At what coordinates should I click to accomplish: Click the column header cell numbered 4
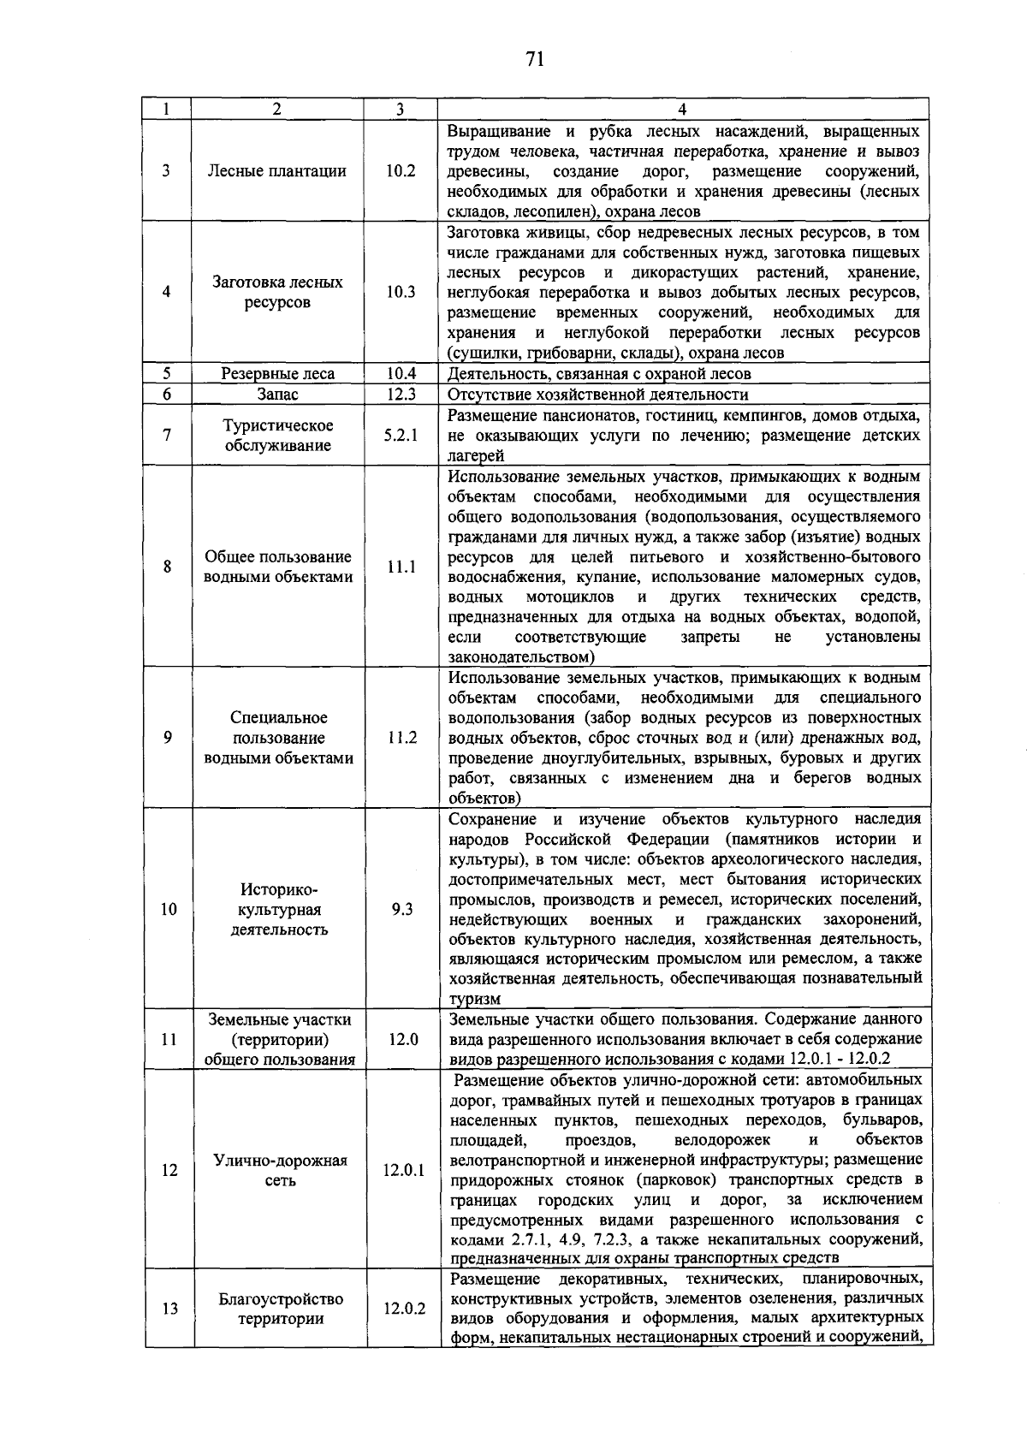tap(682, 110)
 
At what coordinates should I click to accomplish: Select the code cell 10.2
tap(400, 170)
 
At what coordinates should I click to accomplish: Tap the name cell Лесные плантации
tap(277, 170)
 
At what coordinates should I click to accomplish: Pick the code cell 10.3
tap(400, 292)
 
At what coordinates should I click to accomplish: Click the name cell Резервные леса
tap(277, 374)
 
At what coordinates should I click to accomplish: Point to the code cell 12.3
tap(400, 395)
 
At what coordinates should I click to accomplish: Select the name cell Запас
tap(277, 395)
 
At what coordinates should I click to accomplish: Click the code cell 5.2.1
tap(400, 435)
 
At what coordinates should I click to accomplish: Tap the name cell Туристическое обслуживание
tap(277, 436)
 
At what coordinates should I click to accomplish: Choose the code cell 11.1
tap(400, 567)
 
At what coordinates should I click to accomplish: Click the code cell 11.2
tap(400, 738)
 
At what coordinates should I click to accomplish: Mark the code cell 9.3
tap(400, 910)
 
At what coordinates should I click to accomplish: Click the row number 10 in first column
tap(169, 910)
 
